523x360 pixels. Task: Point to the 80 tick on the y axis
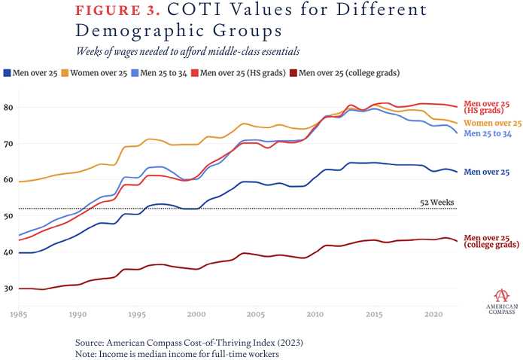click(9, 108)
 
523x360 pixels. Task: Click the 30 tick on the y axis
click(9, 288)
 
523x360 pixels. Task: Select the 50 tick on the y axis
click(9, 216)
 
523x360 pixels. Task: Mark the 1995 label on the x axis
click(136, 313)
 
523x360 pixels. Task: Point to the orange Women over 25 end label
click(493, 123)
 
